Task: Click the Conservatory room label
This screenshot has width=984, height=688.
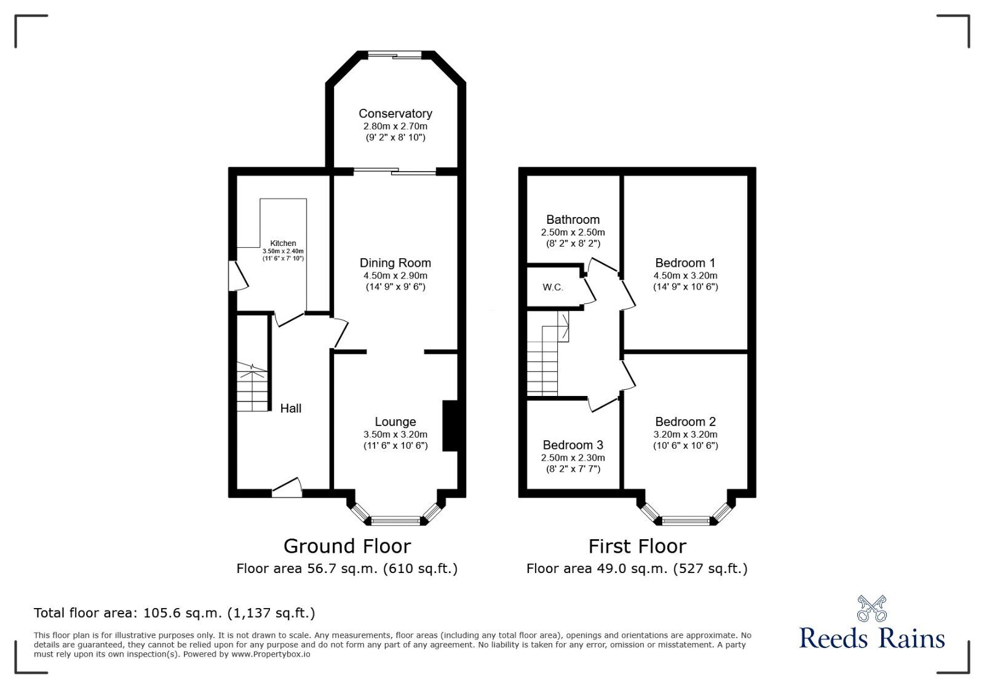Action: point(395,114)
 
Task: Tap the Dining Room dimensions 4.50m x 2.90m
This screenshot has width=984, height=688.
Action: point(395,275)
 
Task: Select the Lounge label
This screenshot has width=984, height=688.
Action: point(395,422)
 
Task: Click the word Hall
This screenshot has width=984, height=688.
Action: point(290,408)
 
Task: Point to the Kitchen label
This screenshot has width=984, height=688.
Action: point(283,243)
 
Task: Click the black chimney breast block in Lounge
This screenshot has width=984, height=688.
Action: point(450,426)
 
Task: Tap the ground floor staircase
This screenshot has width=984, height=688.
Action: point(253,387)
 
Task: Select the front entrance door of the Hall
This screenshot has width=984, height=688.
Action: point(287,489)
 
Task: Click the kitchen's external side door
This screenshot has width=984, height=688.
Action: point(237,276)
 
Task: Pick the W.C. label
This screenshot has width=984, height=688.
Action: point(552,288)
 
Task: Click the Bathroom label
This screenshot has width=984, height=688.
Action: point(573,219)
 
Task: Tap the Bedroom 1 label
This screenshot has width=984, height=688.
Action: point(685,263)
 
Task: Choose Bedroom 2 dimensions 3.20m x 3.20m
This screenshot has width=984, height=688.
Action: point(685,434)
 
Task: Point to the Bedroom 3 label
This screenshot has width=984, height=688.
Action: point(573,445)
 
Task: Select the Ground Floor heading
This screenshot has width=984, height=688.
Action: point(347,546)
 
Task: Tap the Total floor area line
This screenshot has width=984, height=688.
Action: point(174,613)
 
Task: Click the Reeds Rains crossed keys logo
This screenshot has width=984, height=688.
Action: point(871,609)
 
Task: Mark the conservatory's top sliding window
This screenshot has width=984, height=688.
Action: point(395,55)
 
